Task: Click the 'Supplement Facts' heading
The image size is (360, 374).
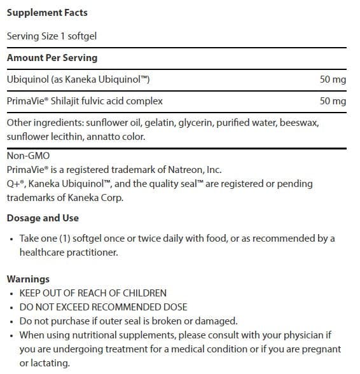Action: (47, 13)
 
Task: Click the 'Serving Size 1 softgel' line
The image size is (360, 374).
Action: (52, 36)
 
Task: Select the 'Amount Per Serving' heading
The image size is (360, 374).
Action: (52, 57)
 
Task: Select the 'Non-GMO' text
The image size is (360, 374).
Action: (27, 155)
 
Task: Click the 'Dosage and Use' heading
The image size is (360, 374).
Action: (43, 218)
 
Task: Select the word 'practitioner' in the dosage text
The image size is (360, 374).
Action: (97, 253)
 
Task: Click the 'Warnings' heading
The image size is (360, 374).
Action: (28, 279)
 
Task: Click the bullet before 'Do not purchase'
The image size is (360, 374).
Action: (12, 321)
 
